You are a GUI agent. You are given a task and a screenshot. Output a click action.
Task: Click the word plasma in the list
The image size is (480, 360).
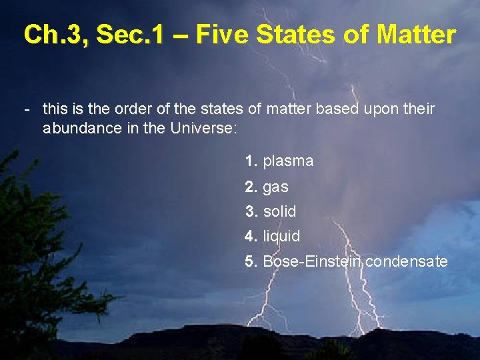[288, 161]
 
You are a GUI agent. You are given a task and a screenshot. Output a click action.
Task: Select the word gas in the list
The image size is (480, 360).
[275, 187]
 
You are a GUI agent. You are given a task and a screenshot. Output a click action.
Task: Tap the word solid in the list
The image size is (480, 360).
[279, 211]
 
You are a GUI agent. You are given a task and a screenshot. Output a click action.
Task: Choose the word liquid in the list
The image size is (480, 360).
[281, 236]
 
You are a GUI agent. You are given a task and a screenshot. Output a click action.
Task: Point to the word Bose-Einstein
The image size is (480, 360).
[312, 261]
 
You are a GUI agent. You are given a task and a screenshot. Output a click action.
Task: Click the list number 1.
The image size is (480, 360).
[251, 161]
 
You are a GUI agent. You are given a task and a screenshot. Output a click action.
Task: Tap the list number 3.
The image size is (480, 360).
[251, 211]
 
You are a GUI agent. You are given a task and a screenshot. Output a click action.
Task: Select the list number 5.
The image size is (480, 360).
[251, 261]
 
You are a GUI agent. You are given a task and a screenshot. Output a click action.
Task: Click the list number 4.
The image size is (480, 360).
[251, 236]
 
